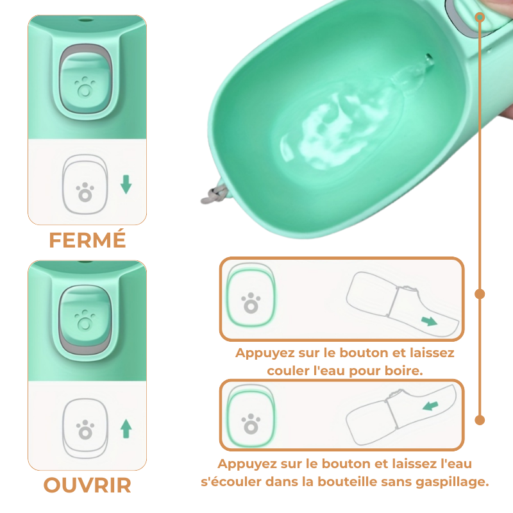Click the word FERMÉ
(87, 240)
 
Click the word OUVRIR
(87, 485)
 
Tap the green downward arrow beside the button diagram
(126, 185)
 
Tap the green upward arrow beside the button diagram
(126, 428)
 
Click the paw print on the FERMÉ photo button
(83, 87)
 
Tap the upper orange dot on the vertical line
(480, 294)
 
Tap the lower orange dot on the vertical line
(480, 420)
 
